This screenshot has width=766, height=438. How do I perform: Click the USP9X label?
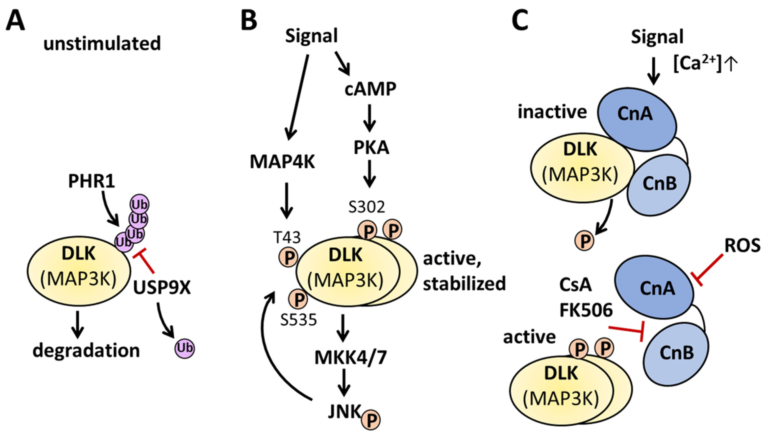pyautogui.click(x=162, y=288)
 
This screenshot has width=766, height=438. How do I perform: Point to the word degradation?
pyautogui.click(x=86, y=351)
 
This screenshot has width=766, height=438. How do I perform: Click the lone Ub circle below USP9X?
pyautogui.click(x=185, y=348)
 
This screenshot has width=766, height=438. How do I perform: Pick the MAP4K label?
pyautogui.click(x=282, y=162)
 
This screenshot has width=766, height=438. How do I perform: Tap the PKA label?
pyautogui.click(x=371, y=148)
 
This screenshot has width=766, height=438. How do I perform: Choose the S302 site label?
pyautogui.click(x=367, y=207)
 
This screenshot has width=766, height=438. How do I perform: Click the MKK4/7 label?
pyautogui.click(x=350, y=358)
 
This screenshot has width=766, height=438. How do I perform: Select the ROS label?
pyautogui.click(x=742, y=246)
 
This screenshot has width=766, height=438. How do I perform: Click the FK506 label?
pyautogui.click(x=586, y=310)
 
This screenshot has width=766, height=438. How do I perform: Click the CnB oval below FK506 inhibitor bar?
pyautogui.click(x=676, y=355)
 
